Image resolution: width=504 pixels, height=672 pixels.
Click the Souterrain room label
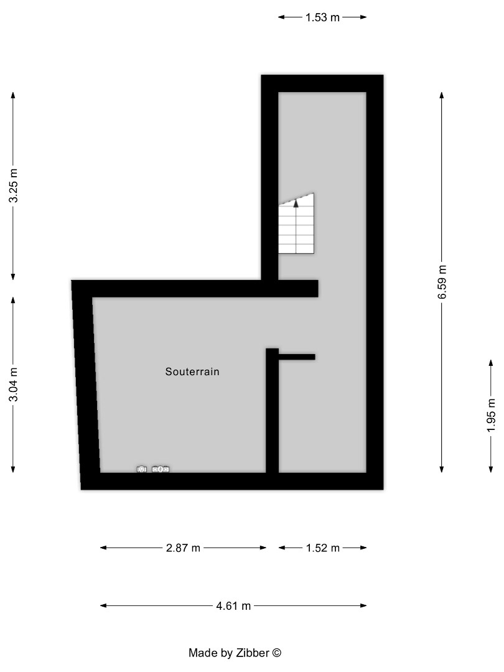[192, 372]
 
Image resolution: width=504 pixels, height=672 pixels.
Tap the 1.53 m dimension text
[322, 17]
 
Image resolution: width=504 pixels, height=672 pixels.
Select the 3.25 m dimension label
[13, 186]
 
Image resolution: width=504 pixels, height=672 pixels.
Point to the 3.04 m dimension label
[13, 385]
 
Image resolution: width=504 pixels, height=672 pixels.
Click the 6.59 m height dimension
[442, 282]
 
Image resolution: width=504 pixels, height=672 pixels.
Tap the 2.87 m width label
[183, 548]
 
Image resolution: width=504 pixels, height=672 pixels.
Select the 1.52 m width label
[322, 548]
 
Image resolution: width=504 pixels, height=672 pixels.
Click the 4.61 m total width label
[233, 605]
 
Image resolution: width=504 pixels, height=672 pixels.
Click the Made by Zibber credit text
[235, 653]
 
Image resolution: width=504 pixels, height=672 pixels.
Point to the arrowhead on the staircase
[296, 202]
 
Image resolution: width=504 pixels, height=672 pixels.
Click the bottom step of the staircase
[296, 249]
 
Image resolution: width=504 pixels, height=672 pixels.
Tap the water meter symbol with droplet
[161, 469]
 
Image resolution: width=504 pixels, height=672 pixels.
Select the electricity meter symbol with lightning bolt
[142, 469]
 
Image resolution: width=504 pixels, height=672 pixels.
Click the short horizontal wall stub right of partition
[297, 357]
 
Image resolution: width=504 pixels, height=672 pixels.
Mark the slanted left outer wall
[86, 386]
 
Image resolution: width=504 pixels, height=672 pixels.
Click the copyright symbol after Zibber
[277, 653]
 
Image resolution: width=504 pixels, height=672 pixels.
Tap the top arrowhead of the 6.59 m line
[442, 95]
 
